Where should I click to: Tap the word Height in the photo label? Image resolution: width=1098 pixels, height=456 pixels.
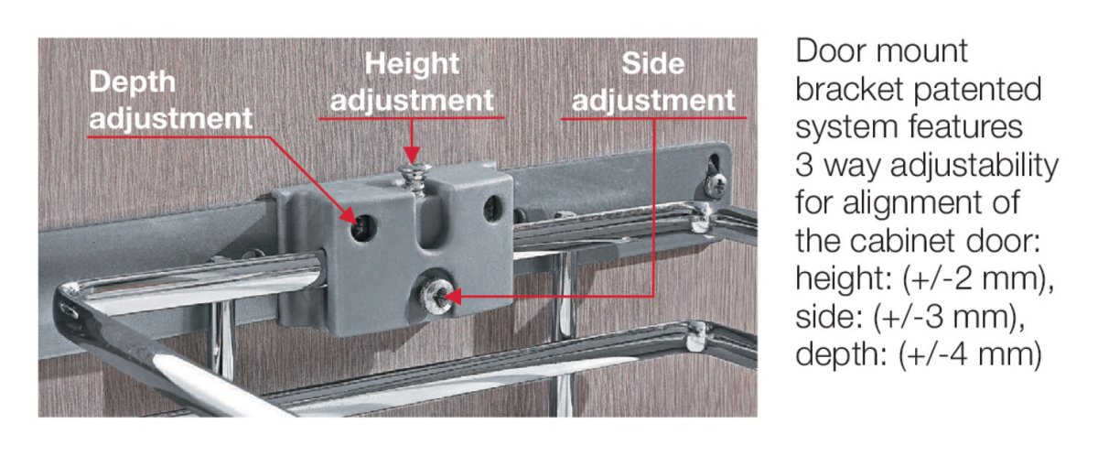point(412,64)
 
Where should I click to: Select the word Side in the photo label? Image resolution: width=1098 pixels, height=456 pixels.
point(653,64)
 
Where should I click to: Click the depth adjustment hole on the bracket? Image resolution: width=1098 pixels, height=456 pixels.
point(364,228)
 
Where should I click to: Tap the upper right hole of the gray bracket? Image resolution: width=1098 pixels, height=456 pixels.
point(493,209)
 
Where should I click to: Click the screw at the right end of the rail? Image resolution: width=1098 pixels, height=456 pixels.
point(715,185)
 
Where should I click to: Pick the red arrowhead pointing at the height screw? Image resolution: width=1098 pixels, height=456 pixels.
point(412,155)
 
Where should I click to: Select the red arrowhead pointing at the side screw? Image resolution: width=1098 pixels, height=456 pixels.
point(452,296)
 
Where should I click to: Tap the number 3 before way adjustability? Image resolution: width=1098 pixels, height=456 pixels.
point(805,166)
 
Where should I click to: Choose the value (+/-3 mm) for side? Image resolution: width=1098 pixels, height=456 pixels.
point(949,317)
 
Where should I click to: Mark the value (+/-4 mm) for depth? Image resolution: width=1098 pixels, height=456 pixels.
point(970,354)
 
